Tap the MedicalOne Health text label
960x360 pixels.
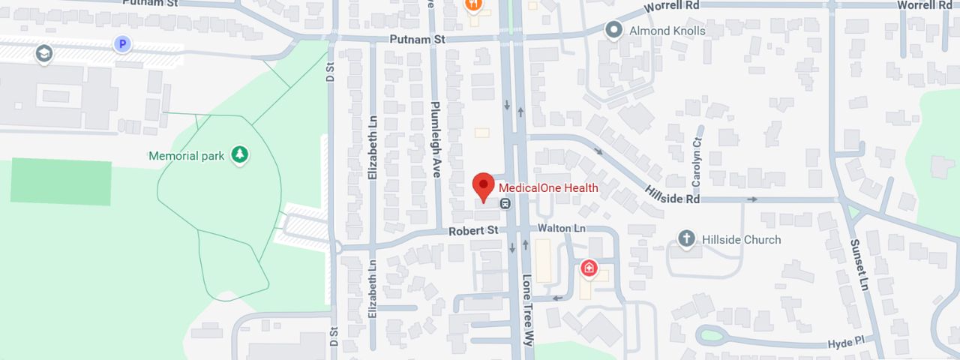click(x=548, y=188)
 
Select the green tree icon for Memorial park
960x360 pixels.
click(x=239, y=155)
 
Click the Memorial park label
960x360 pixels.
click(x=187, y=156)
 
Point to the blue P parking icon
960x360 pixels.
click(x=121, y=44)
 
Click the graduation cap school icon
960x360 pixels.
click(x=44, y=53)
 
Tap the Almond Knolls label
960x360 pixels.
click(x=667, y=31)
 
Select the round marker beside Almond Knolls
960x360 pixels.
click(x=614, y=31)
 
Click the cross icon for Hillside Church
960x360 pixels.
click(x=685, y=239)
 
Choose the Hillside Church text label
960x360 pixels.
click(x=741, y=240)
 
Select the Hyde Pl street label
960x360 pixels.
click(x=846, y=342)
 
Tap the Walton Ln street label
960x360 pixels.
click(x=561, y=228)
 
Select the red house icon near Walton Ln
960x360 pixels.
click(x=589, y=268)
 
